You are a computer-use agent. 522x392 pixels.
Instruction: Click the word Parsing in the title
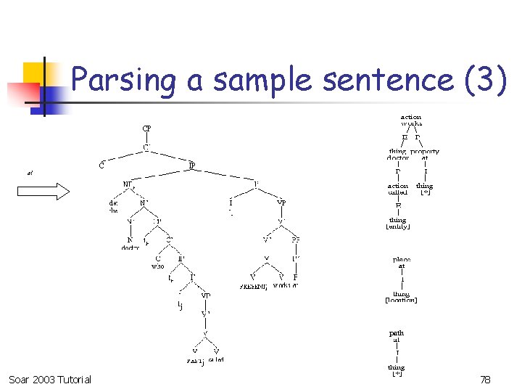[x=123, y=80]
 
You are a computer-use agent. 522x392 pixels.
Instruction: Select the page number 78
[x=485, y=380]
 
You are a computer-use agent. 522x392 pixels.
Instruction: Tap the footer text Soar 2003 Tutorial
[x=50, y=380]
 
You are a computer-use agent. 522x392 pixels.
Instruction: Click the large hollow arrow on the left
[x=43, y=191]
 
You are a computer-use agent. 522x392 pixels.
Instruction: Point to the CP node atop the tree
[x=146, y=128]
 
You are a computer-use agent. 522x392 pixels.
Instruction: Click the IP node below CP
[x=192, y=166]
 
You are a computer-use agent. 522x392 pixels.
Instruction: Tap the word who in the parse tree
[x=157, y=266]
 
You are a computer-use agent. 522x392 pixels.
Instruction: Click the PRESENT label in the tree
[x=254, y=287]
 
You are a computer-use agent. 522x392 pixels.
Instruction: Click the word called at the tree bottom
[x=216, y=359]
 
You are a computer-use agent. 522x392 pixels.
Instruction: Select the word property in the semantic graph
[x=425, y=152]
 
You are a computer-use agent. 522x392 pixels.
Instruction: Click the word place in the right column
[x=402, y=259]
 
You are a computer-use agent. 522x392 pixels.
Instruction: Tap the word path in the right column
[x=397, y=333]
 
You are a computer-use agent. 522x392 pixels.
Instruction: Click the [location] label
[x=401, y=300]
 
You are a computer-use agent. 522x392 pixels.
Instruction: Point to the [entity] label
[x=398, y=226]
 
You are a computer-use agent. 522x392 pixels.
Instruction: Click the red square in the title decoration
[x=21, y=92]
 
